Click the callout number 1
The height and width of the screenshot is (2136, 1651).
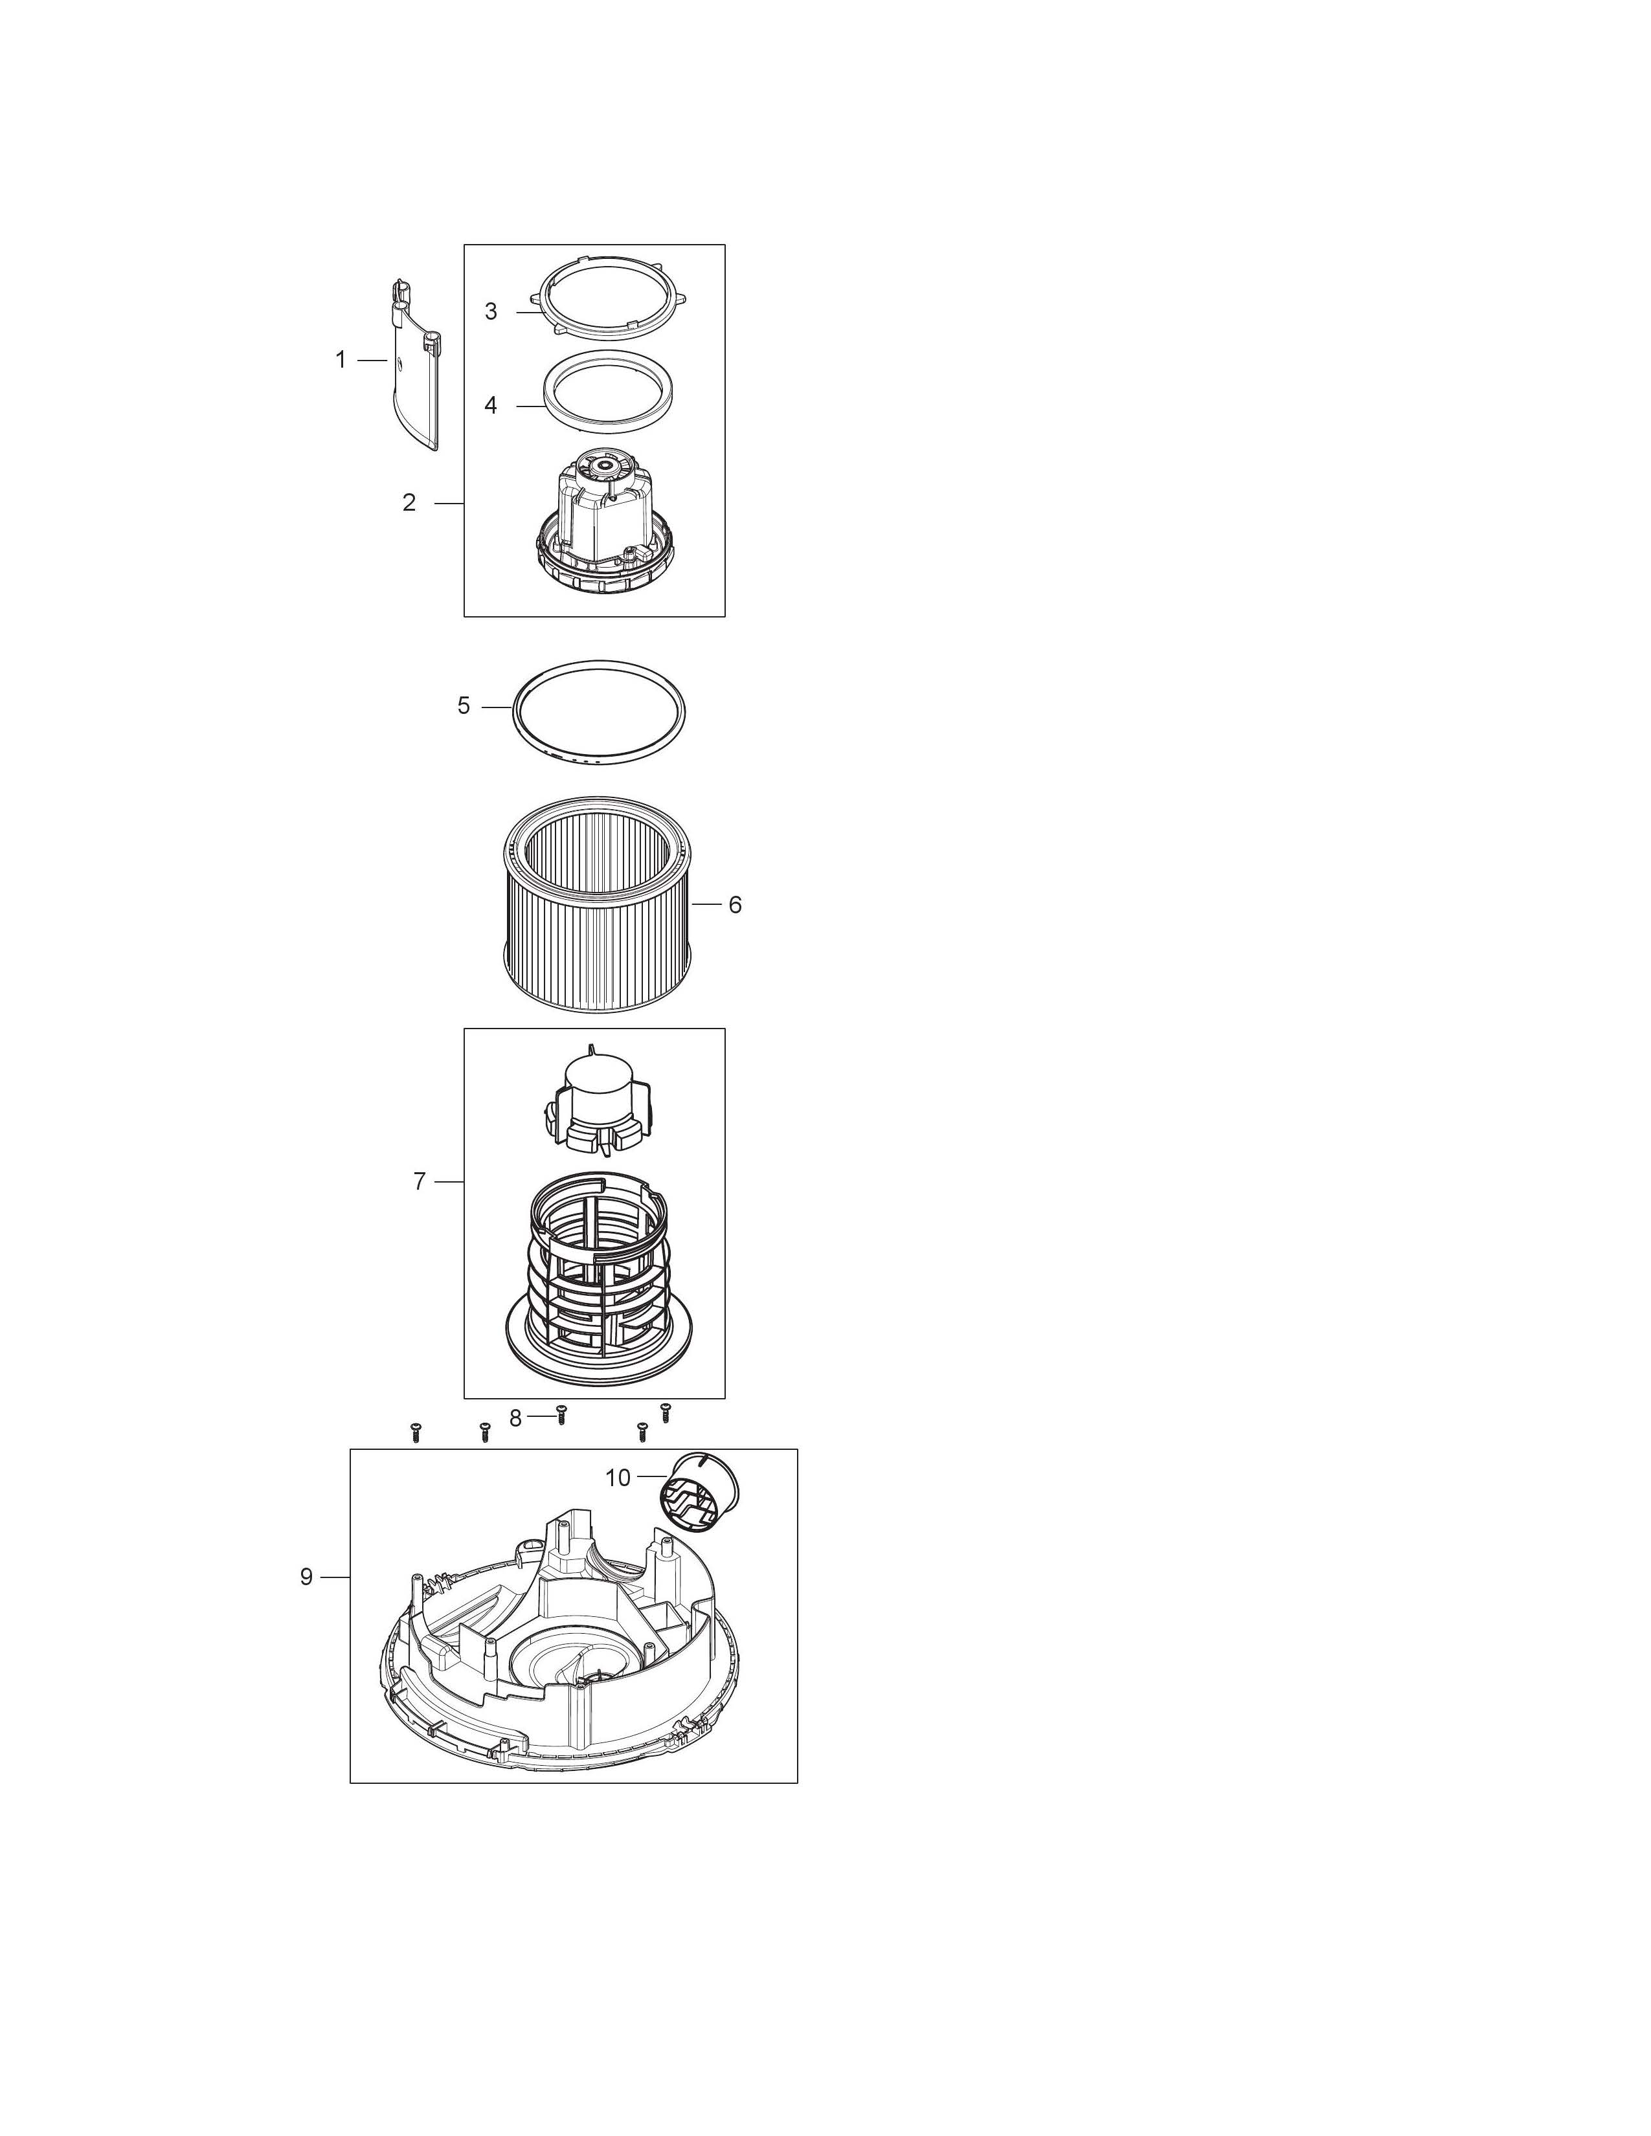[x=341, y=360]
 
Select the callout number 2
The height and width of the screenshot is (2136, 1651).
[x=409, y=503]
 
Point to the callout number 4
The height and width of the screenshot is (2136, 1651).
[x=491, y=405]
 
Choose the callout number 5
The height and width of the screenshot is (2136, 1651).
[x=464, y=705]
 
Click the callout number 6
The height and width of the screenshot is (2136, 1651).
[x=736, y=905]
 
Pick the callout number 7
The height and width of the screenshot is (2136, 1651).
[x=420, y=1181]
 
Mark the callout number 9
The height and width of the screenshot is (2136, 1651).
[x=306, y=1577]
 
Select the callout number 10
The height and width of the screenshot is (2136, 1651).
[x=618, y=1477]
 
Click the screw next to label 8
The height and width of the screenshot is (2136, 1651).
[x=561, y=1415]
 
